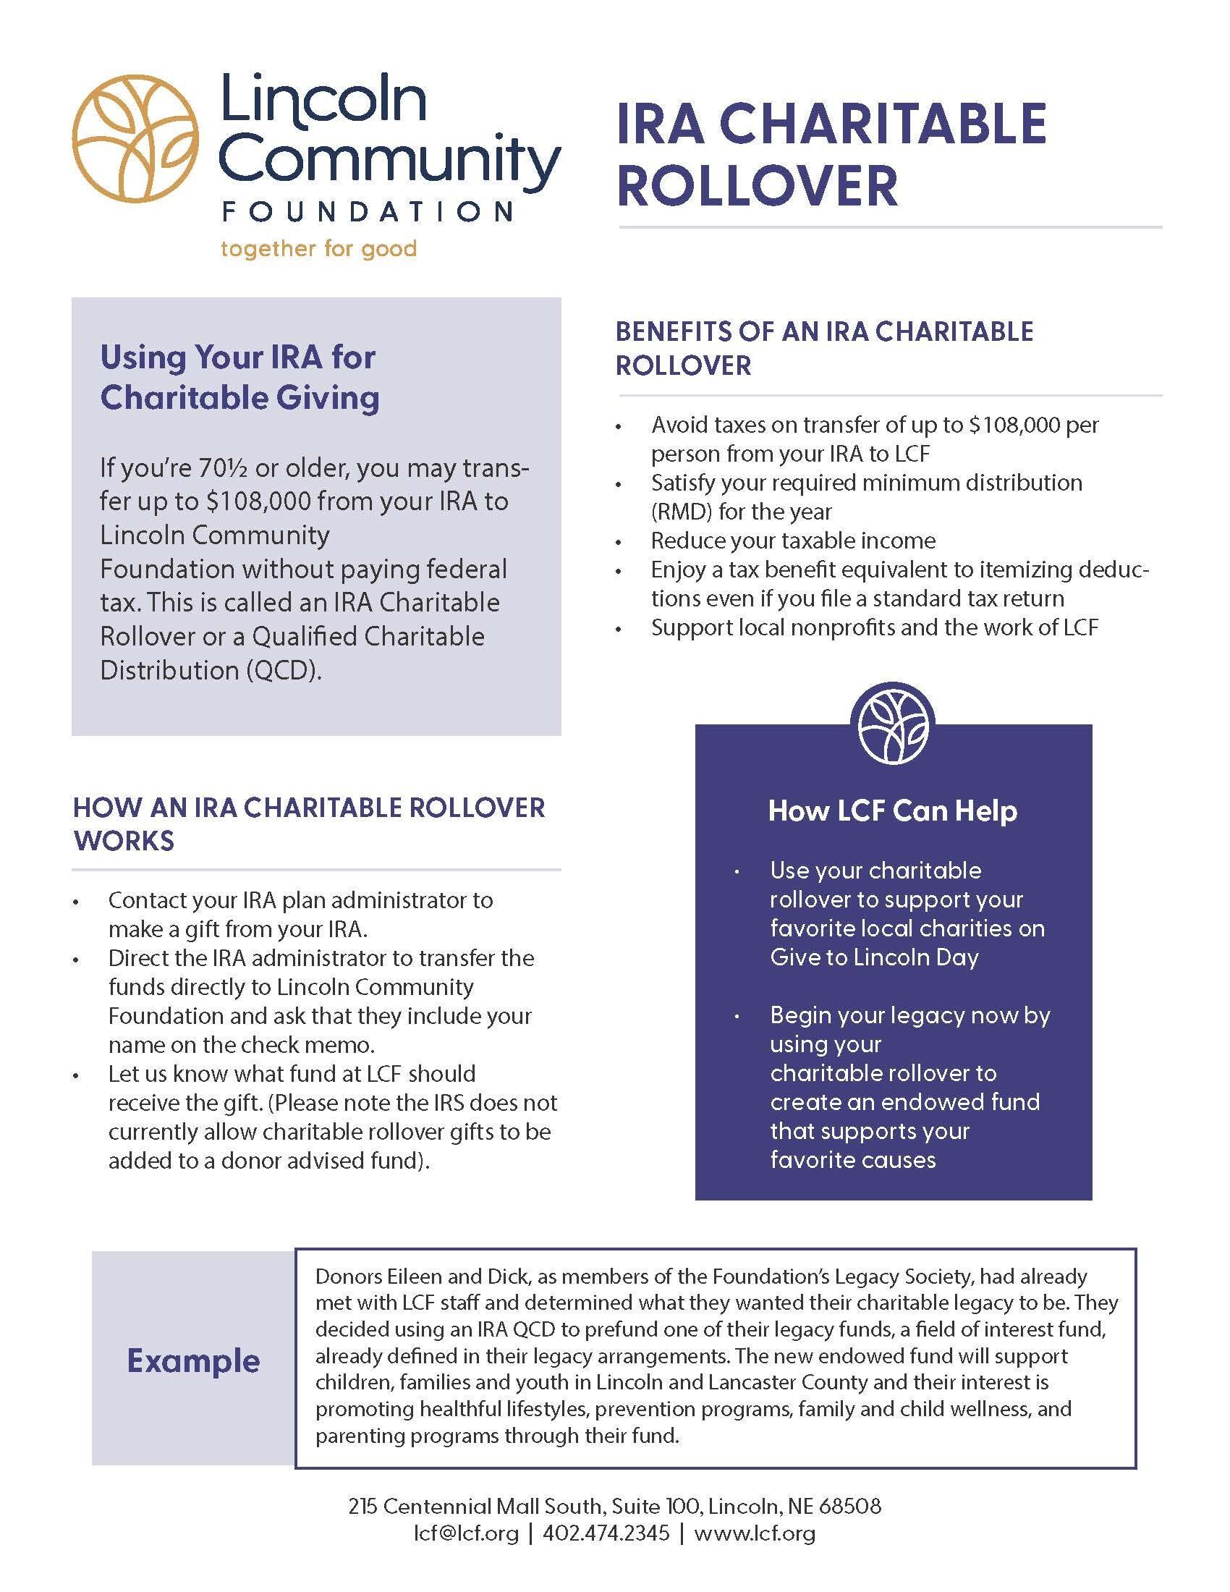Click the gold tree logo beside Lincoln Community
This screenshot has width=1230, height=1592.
point(135,139)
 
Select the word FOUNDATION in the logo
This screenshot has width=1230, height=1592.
point(368,211)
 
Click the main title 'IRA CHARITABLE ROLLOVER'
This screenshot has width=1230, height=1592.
point(831,154)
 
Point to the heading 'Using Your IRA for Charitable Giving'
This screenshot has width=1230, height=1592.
point(239,377)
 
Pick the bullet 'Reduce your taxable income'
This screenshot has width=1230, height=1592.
point(793,540)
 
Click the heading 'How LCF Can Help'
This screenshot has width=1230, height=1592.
point(893,810)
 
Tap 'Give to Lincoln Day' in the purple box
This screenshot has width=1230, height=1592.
point(874,957)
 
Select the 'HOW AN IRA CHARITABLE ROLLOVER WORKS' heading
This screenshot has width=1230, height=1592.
point(309,823)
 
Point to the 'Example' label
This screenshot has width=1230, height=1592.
point(193,1360)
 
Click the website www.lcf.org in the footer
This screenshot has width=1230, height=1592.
point(754,1533)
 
